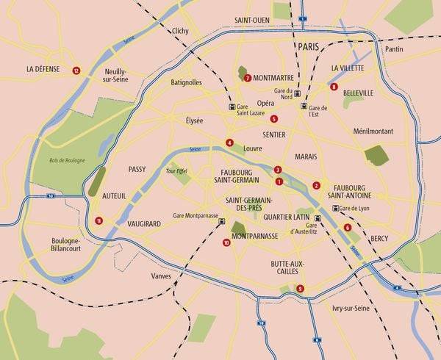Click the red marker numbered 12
(x=76, y=71)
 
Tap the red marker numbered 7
(x=248, y=78)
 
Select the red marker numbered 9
(x=300, y=288)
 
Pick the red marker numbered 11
(x=98, y=220)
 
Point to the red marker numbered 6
(x=347, y=227)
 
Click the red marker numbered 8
(x=334, y=87)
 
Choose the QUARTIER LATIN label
(x=290, y=217)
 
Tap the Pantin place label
(x=395, y=48)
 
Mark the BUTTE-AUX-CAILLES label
(x=287, y=269)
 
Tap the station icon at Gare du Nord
(x=297, y=93)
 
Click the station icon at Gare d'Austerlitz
(x=318, y=218)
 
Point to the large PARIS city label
(x=312, y=46)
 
